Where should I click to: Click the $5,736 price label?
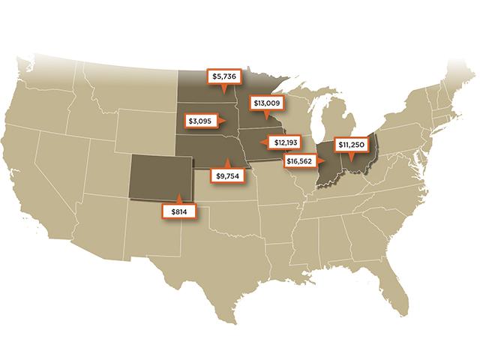pos(224,76)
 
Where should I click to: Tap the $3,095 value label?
pos(201,120)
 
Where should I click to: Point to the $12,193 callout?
pos(286,142)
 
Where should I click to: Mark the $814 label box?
pos(178,212)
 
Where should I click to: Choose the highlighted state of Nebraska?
pos(206,150)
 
